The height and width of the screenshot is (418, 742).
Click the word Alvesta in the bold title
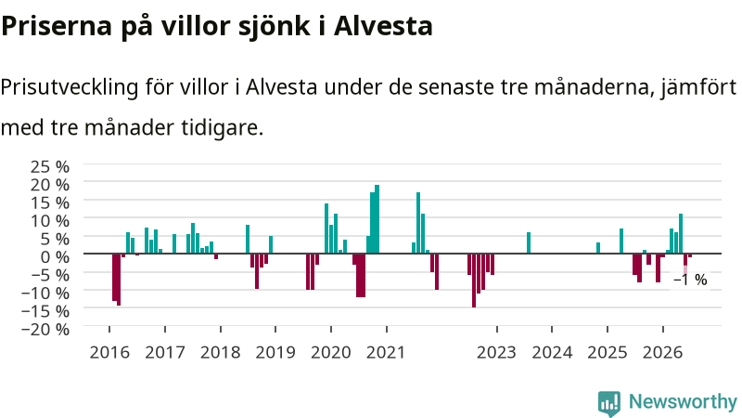(383, 26)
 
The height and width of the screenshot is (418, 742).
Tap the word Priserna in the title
(57, 26)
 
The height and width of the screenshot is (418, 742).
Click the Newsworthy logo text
(683, 401)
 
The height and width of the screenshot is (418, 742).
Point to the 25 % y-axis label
(50, 166)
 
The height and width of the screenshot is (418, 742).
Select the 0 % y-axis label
(55, 256)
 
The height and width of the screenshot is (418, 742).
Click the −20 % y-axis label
(45, 329)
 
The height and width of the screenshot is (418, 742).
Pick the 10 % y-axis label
(50, 220)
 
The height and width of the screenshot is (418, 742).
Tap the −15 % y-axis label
(45, 311)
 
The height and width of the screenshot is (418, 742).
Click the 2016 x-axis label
(109, 353)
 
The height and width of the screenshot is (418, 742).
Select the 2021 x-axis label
(386, 353)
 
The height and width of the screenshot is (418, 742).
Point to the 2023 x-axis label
(496, 353)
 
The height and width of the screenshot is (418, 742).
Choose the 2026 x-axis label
(662, 353)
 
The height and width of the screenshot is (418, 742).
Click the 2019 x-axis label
(275, 353)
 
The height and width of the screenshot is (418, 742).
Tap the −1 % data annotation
(690, 281)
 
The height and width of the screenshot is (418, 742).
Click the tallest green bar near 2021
(377, 219)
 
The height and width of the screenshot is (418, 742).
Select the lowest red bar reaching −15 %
(474, 281)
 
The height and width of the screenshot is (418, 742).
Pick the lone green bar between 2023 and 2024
(529, 242)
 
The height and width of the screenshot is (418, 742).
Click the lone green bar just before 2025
(598, 248)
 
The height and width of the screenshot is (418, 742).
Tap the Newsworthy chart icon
(609, 403)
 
